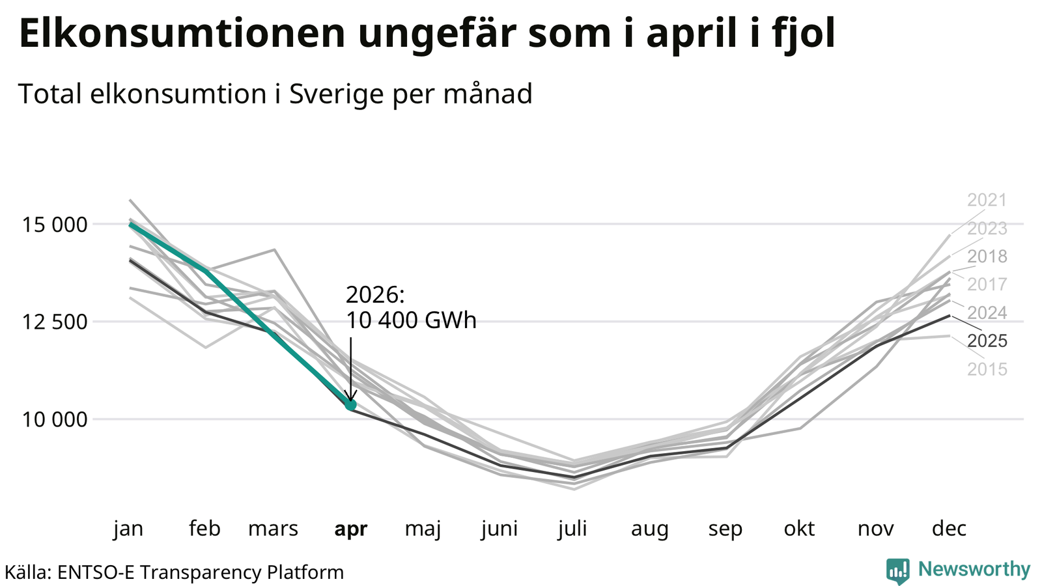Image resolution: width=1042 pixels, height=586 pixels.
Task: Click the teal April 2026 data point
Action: coord(351,404)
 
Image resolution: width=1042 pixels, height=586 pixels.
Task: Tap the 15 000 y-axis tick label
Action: coord(55,225)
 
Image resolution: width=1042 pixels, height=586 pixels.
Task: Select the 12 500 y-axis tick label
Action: coord(55,322)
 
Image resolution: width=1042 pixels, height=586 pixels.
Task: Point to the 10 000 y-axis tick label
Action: coord(55,419)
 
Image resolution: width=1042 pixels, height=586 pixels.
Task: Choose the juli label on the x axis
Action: coord(572,528)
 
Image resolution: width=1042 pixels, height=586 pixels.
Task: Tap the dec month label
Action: coord(949,528)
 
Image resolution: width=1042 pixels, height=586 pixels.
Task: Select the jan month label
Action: coord(128,529)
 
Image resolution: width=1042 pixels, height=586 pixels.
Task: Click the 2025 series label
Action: coord(987,341)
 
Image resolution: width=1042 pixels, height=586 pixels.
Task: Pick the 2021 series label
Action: coord(987,200)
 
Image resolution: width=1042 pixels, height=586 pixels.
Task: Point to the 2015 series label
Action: coord(987,369)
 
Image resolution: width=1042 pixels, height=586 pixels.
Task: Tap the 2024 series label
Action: coord(987,313)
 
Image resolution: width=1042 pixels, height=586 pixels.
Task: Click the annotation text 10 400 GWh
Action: coord(411,320)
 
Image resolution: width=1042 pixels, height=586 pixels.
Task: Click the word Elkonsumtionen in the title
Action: coord(182,33)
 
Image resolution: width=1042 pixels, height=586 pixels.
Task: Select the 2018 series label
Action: coord(987,257)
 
